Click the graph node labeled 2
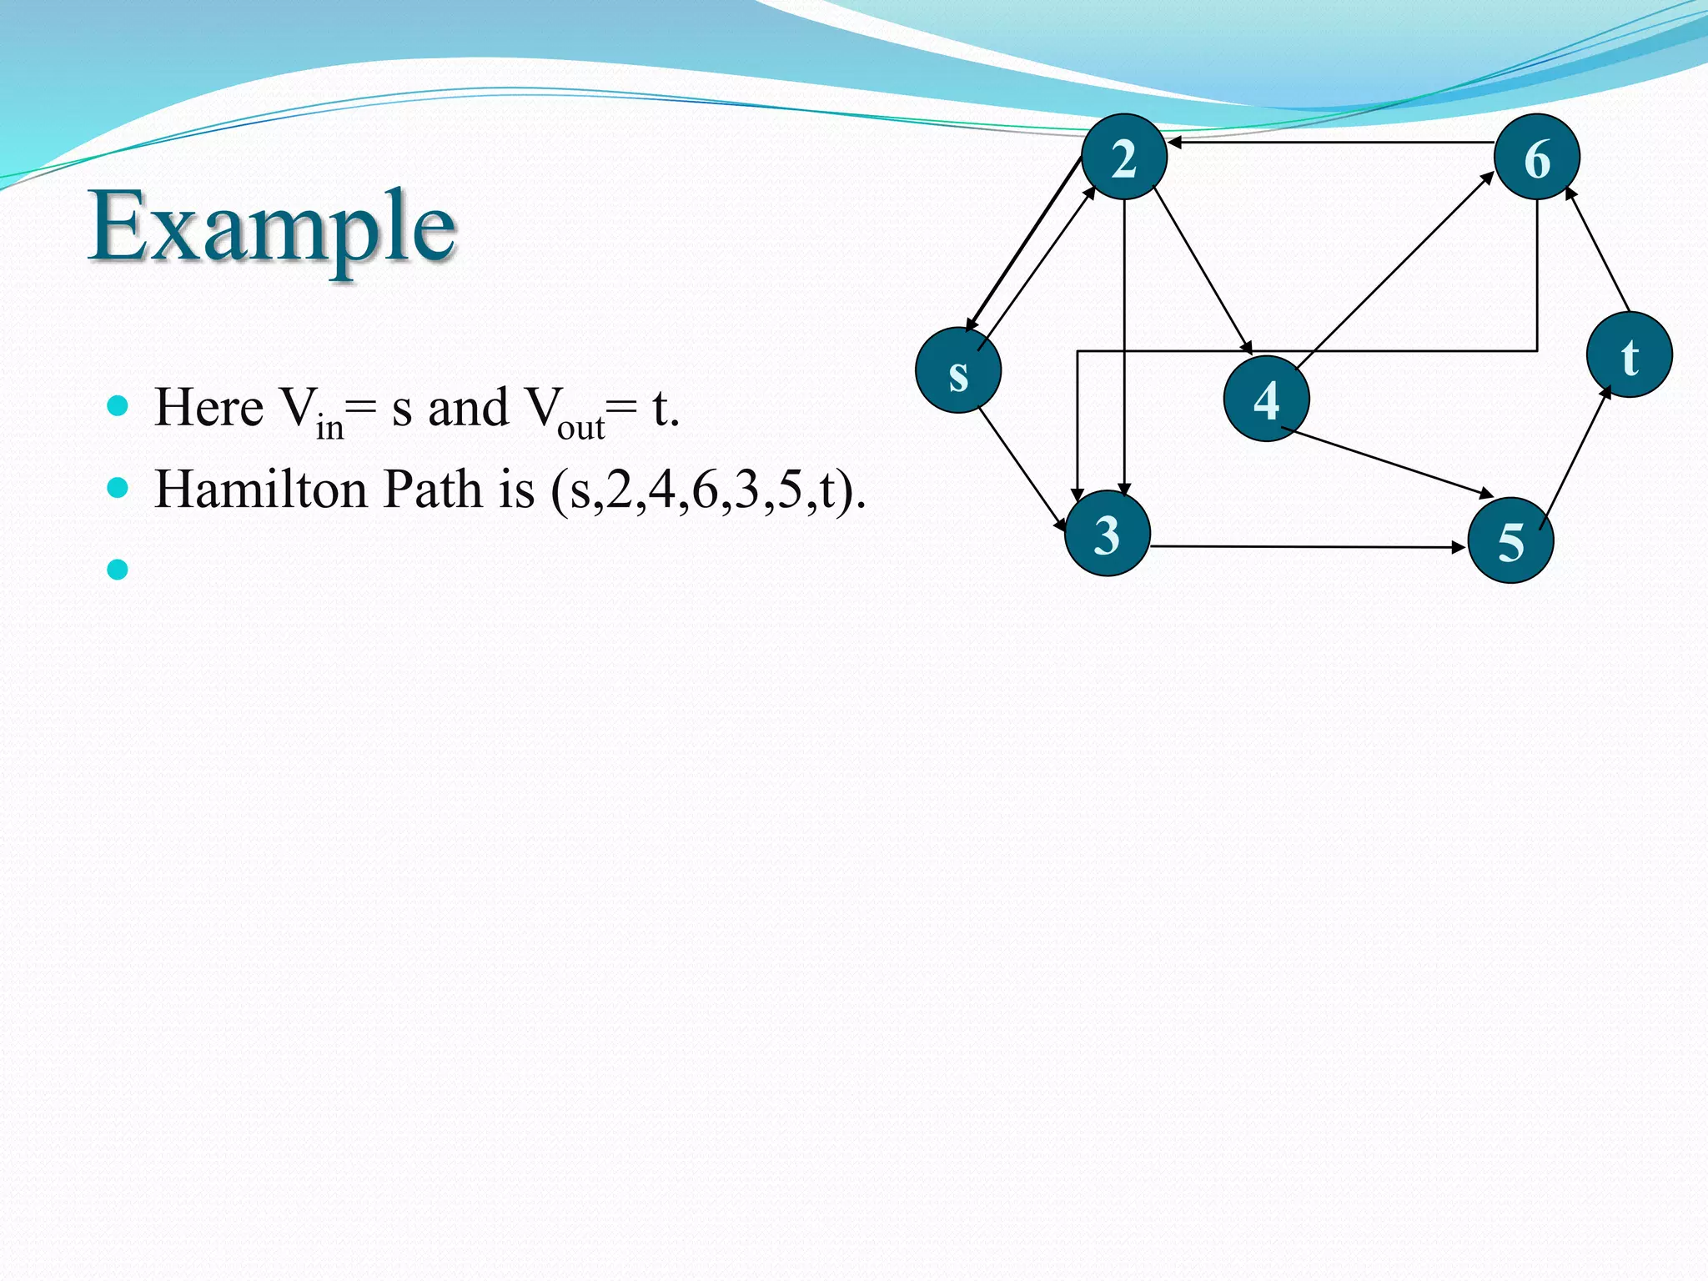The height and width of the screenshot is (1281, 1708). (x=1123, y=157)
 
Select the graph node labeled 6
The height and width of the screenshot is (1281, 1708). (x=1536, y=157)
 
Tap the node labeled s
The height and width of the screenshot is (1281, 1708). (x=958, y=371)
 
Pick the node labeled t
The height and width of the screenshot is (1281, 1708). (x=1629, y=355)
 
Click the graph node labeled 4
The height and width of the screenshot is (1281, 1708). (x=1266, y=399)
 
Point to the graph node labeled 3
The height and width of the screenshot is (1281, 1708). (x=1108, y=534)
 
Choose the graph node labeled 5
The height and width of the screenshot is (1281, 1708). (x=1510, y=540)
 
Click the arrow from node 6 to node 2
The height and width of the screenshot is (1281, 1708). (x=1330, y=143)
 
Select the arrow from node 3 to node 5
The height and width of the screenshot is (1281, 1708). (x=1308, y=547)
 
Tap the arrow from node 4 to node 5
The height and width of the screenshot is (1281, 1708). (x=1386, y=463)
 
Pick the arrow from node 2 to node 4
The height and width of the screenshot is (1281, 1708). (x=1202, y=271)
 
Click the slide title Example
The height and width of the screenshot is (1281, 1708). (x=273, y=226)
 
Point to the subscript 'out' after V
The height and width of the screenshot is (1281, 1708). (x=580, y=428)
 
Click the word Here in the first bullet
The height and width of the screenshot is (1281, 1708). (x=208, y=408)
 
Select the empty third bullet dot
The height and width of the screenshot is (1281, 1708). (x=118, y=570)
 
